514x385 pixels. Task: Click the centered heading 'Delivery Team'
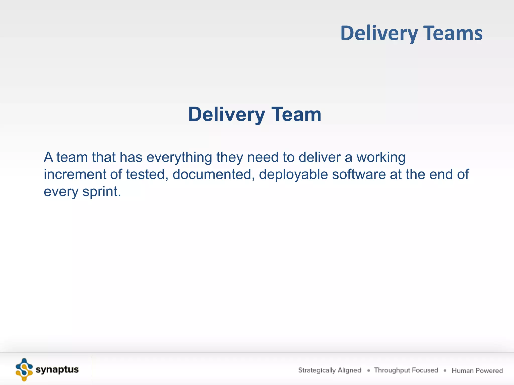(254, 114)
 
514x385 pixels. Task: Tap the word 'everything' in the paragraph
(179, 158)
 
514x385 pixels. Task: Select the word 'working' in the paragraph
(381, 158)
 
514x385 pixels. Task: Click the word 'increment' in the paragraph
(75, 174)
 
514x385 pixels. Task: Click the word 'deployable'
(293, 175)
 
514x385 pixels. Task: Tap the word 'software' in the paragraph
(359, 174)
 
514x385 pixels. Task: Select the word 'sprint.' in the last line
(102, 192)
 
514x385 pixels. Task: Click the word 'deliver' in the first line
(319, 157)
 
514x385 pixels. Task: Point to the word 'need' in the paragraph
(263, 157)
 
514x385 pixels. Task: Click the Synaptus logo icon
(24, 370)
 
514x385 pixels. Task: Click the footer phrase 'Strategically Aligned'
(330, 370)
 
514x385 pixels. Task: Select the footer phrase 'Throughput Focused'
(406, 370)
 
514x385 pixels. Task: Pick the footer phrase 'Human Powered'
(477, 370)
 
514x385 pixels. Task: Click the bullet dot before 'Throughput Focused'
(368, 370)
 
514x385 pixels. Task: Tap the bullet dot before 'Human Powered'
(445, 370)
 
